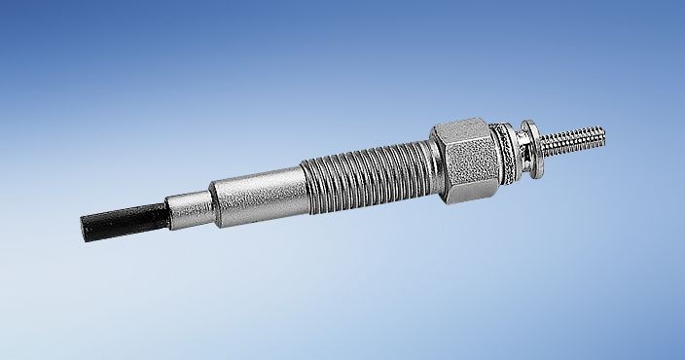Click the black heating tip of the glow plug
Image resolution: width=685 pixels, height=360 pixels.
(122, 221)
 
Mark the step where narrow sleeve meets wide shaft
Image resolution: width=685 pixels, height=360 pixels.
(213, 198)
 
